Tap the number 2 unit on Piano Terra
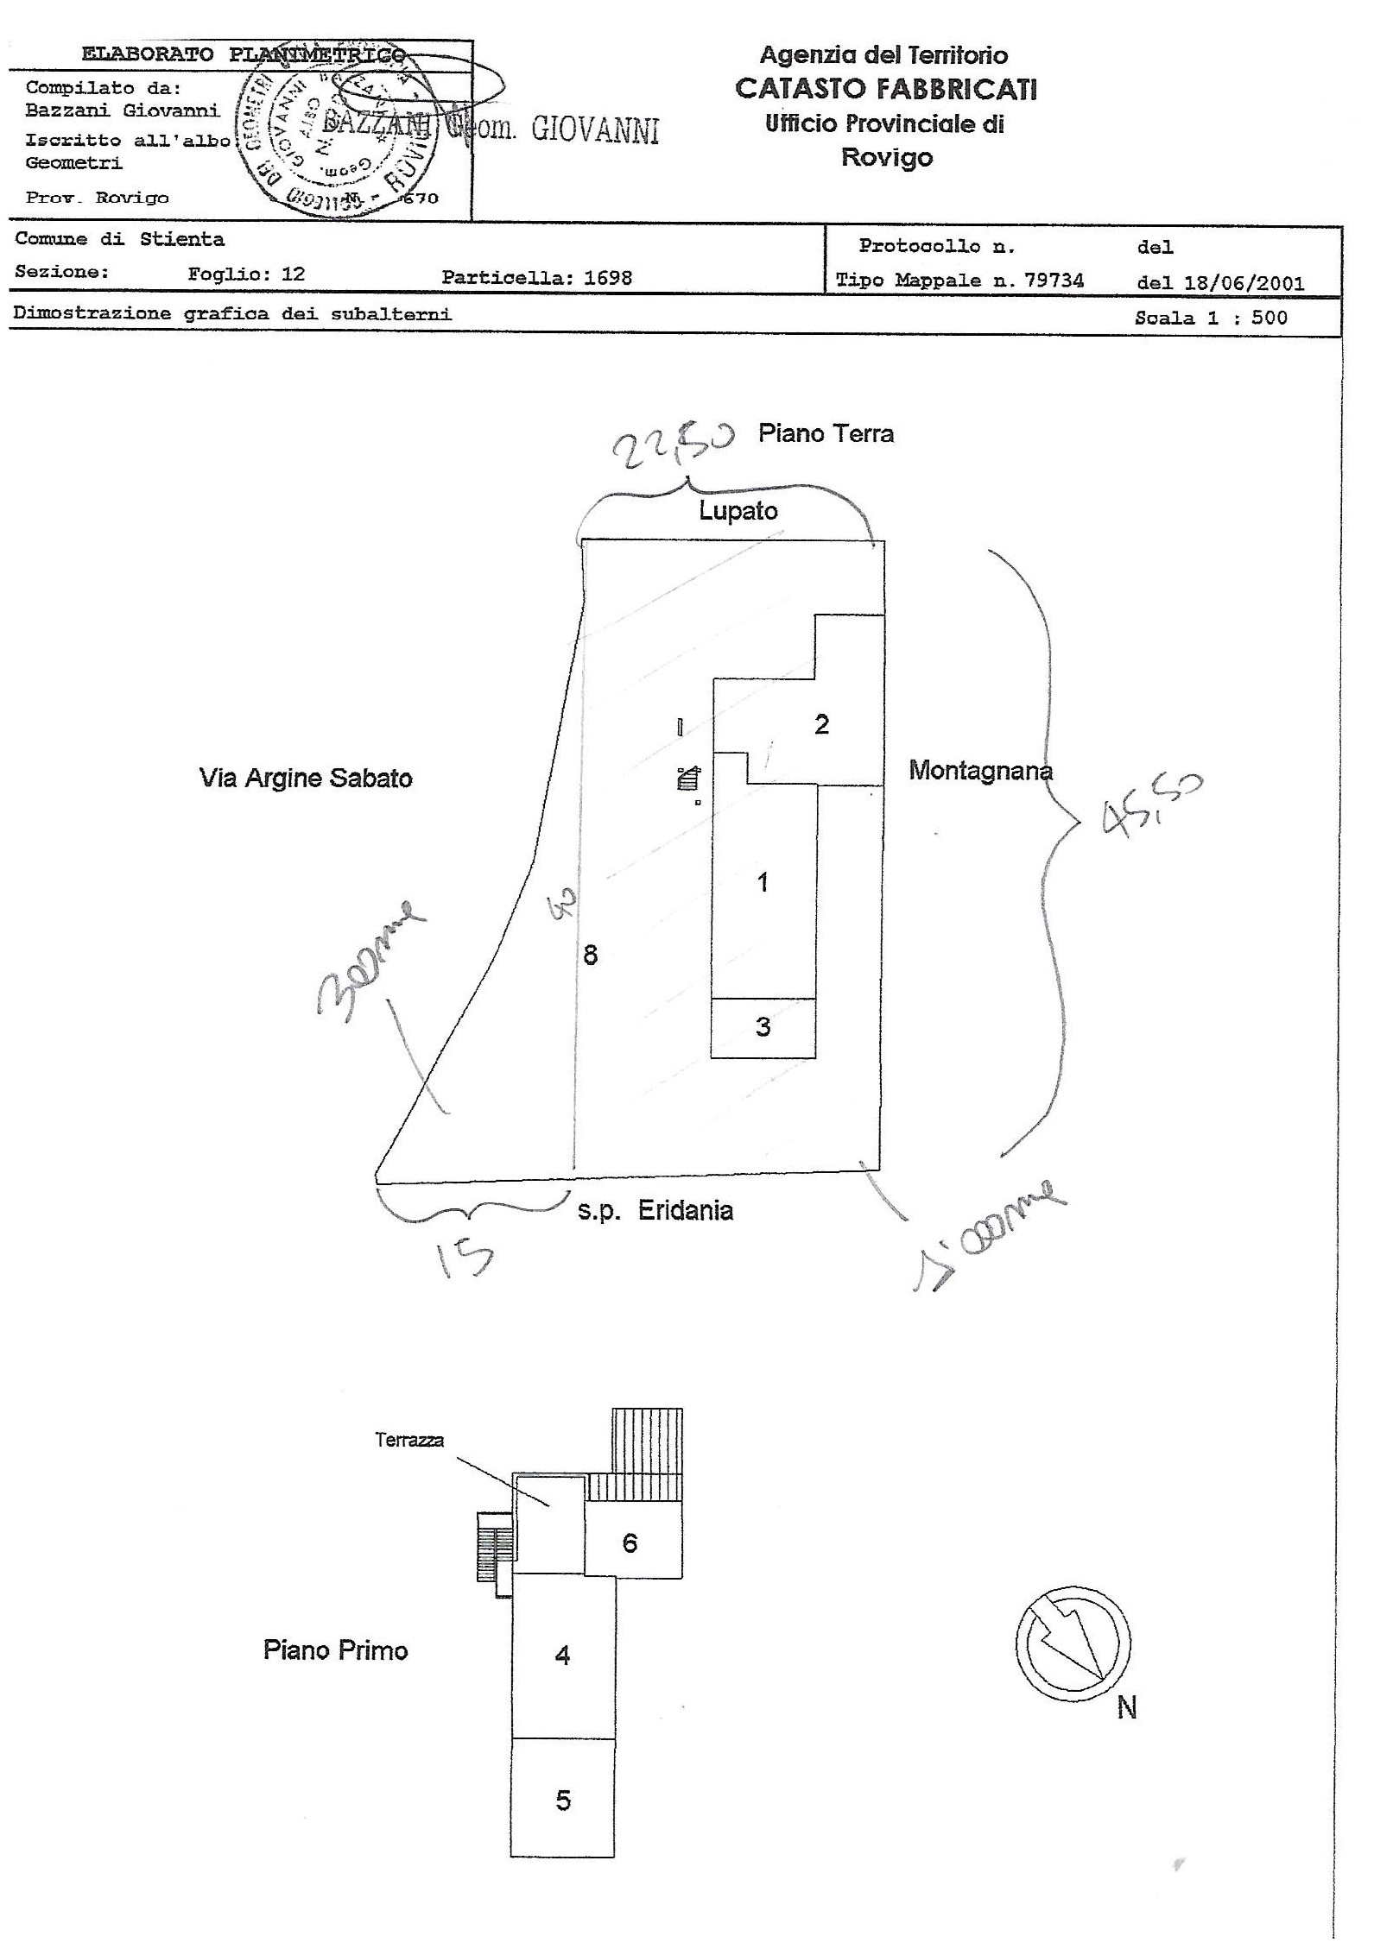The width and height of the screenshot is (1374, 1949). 821,724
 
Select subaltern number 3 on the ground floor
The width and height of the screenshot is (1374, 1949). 763,1027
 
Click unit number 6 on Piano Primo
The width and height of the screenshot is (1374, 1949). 630,1542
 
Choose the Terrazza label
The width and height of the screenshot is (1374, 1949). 409,1440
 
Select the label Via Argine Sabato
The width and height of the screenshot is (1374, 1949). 306,779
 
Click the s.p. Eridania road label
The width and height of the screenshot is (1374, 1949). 655,1211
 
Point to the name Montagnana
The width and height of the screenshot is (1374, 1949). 980,770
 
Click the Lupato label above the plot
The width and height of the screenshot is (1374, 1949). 738,511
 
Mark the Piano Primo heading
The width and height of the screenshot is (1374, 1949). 335,1650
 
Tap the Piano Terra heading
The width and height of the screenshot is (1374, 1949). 826,433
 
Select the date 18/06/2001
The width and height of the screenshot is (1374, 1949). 1249,283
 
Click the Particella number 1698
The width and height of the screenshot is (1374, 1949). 608,278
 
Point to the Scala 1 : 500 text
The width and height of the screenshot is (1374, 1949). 1211,318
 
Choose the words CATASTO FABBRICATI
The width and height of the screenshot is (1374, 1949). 885,89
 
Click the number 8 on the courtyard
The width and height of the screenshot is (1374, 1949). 591,955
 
